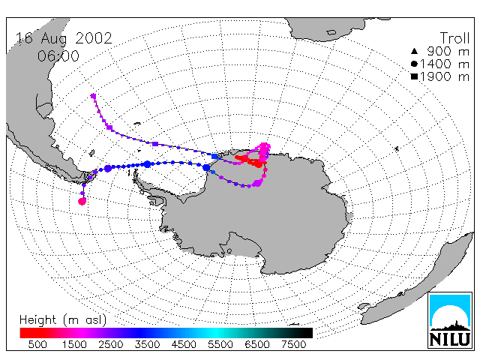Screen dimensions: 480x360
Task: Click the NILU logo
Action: pyautogui.click(x=450, y=320)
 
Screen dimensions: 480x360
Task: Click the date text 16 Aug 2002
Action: pyautogui.click(x=64, y=38)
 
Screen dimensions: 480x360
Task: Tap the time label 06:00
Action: pyautogui.click(x=58, y=56)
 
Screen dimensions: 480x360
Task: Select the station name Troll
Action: pyautogui.click(x=454, y=38)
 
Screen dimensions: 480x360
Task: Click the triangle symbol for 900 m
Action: pyautogui.click(x=414, y=51)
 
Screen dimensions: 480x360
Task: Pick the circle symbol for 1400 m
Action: pyautogui.click(x=414, y=64)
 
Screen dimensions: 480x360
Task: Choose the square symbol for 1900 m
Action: pyautogui.click(x=414, y=76)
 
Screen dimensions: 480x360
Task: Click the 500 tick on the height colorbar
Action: pyautogui.click(x=37, y=345)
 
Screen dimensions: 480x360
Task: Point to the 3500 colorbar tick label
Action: pyautogui.click(x=147, y=345)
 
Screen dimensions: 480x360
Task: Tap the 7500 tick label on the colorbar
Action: pyautogui.click(x=293, y=345)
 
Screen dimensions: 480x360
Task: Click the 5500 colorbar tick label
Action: pyautogui.click(x=220, y=345)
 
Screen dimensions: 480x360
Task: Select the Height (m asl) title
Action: pyautogui.click(x=63, y=320)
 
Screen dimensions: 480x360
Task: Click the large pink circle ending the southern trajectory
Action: pyautogui.click(x=82, y=202)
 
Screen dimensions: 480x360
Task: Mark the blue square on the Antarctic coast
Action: pyautogui.click(x=214, y=157)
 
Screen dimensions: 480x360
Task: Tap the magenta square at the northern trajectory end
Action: pyautogui.click(x=93, y=96)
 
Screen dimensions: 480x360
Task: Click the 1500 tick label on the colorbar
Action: pyautogui.click(x=74, y=345)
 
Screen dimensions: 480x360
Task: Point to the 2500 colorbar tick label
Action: pyautogui.click(x=111, y=345)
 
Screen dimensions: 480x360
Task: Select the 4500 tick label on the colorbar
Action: pyautogui.click(x=184, y=345)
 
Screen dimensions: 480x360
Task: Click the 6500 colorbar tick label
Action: pyautogui.click(x=257, y=345)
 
